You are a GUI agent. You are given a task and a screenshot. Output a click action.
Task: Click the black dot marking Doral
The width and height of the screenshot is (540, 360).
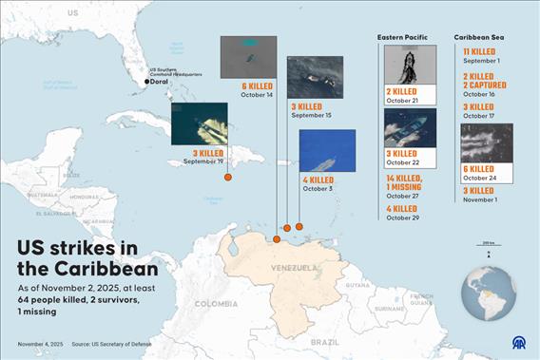(146, 82)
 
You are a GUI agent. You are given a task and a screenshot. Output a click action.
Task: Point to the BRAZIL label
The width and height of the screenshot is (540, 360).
(325, 340)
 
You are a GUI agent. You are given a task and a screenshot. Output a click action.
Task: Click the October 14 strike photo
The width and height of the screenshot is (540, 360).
(248, 57)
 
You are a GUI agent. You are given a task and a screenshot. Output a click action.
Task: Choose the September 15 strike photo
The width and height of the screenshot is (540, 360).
(315, 77)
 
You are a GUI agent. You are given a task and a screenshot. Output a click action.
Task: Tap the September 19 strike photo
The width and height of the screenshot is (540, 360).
(199, 123)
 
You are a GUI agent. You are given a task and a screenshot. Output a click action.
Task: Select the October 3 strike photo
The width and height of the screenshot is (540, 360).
(327, 150)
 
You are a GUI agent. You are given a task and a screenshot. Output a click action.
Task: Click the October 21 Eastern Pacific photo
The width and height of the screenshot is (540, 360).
(410, 65)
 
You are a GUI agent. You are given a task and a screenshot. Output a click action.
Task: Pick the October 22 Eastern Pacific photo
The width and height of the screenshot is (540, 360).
(410, 127)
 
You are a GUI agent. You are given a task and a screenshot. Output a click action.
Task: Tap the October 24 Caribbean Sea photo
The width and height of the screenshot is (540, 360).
(486, 142)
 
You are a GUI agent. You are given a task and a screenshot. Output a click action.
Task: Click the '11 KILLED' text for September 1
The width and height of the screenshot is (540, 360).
(478, 51)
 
